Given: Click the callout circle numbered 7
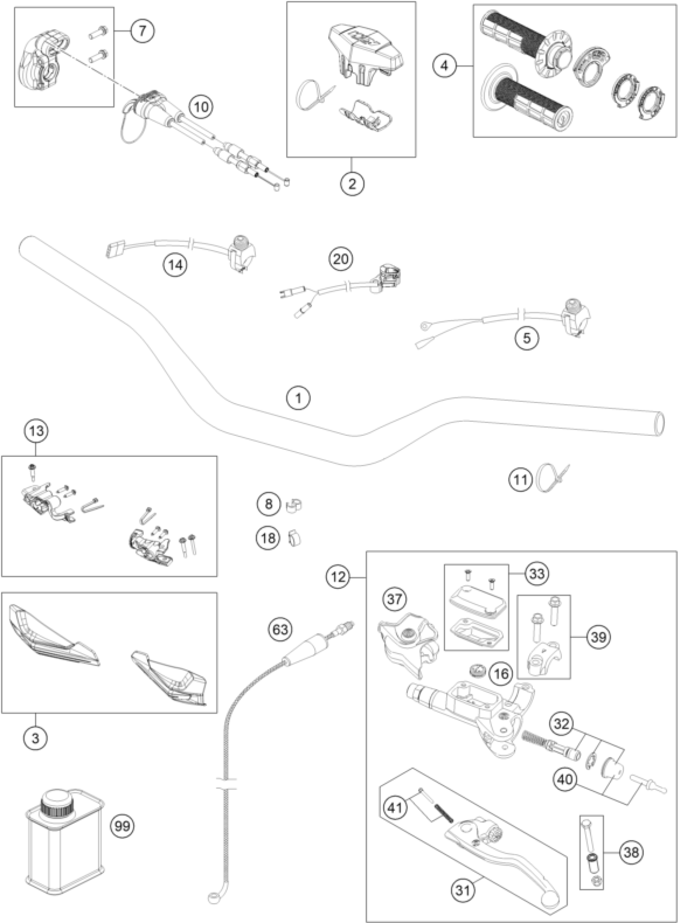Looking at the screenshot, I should click(x=142, y=31).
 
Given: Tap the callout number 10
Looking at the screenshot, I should click(x=201, y=108).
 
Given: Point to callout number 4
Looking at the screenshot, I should click(x=445, y=66).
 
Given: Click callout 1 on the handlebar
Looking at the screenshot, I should click(x=299, y=398).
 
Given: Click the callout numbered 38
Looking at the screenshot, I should click(x=631, y=852).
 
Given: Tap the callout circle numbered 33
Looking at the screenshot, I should click(x=537, y=573).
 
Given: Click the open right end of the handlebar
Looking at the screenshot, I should click(x=659, y=424).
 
